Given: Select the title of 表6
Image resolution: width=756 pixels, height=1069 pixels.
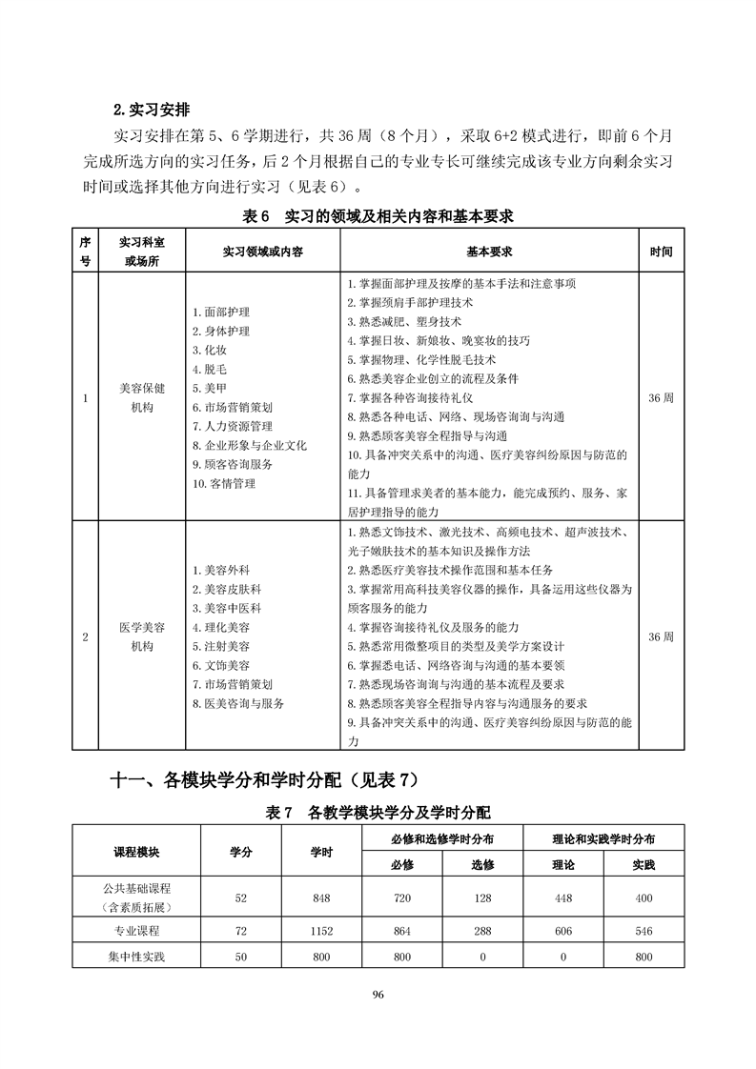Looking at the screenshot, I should pos(378,216).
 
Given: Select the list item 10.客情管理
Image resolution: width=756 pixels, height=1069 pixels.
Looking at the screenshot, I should pos(223,484).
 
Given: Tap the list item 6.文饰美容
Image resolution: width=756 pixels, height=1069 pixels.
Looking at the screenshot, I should pos(221,666).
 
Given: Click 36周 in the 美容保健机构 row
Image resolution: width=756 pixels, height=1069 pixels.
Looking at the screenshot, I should pos(660,398).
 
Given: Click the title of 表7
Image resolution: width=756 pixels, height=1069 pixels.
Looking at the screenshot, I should pos(378,814).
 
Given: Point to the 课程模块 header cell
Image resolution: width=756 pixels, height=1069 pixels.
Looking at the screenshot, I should pos(136,851).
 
